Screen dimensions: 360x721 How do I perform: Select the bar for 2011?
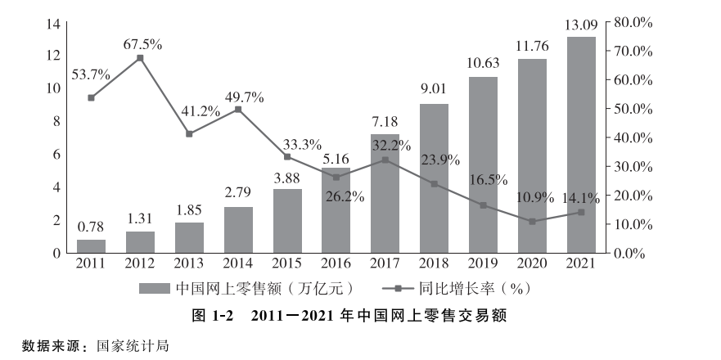tap(91, 245)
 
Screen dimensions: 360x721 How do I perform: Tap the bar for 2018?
tap(434, 178)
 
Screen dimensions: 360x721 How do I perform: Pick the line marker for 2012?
tap(140, 58)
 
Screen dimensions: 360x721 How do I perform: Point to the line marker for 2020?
tap(532, 222)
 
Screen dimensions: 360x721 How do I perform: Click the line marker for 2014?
tap(238, 110)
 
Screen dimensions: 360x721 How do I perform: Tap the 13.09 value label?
tap(581, 27)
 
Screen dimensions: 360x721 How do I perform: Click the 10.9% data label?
tap(535, 198)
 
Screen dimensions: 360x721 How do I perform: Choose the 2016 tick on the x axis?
tap(336, 263)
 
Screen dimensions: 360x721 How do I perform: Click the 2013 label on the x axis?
tap(189, 263)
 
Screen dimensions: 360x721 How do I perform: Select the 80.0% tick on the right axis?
tap(631, 22)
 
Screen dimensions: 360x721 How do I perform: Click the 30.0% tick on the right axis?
tap(631, 167)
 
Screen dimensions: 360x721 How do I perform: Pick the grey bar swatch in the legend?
tap(154, 288)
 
